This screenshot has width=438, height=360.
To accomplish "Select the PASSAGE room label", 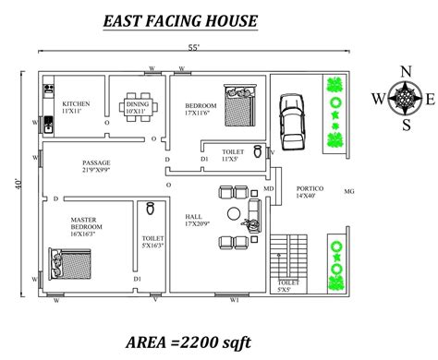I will click(96, 164).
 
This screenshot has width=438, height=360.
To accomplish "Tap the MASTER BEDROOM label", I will click(85, 223).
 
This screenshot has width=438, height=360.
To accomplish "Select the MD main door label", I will click(269, 189).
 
